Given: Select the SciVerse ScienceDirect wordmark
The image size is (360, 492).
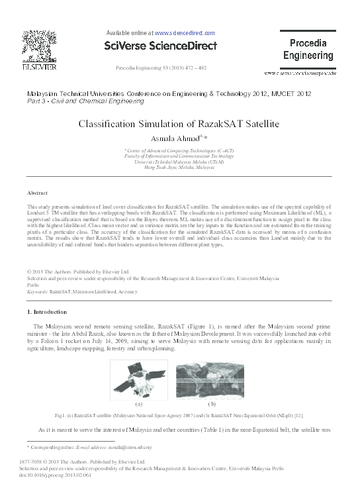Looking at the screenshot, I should [x=161, y=46].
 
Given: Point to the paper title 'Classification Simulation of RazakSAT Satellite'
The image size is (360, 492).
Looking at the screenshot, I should [x=179, y=123].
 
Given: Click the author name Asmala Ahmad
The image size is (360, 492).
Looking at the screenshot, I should [x=179, y=138].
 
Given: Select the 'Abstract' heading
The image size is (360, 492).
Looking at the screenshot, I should [x=36, y=193].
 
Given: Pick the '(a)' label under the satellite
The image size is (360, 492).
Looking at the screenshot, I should [x=139, y=403].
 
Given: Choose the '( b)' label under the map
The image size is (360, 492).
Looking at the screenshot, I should [x=212, y=403].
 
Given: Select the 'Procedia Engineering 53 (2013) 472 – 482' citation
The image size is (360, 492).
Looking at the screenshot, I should [x=161, y=68].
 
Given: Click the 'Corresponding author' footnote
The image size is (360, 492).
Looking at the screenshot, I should [x=49, y=448].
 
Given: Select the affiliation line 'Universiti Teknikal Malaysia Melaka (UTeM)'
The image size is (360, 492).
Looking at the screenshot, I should [x=179, y=161].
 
